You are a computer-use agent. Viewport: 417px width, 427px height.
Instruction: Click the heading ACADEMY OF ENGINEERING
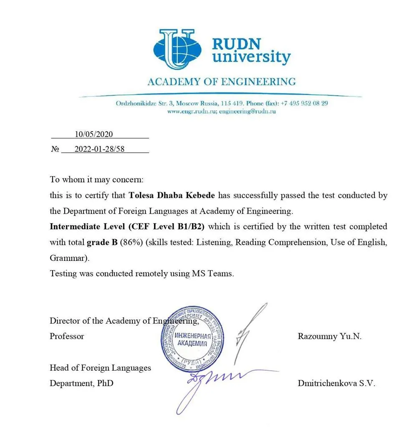coord(221,81)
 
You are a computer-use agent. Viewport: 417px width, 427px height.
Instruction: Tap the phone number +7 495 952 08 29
coord(304,103)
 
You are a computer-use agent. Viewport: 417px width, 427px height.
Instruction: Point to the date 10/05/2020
coord(94,134)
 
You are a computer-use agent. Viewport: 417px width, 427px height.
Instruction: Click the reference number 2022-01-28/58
coord(99,149)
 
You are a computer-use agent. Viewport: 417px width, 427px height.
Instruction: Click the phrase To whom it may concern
coord(96,180)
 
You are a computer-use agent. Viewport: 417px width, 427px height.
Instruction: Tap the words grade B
coord(102,242)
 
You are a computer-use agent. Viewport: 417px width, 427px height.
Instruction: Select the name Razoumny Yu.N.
coord(329,336)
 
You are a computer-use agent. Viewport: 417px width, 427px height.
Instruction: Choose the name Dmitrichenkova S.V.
coord(336,384)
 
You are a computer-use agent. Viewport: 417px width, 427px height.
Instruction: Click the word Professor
coord(67,336)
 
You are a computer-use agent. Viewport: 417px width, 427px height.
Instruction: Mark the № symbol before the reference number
coord(55,149)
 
